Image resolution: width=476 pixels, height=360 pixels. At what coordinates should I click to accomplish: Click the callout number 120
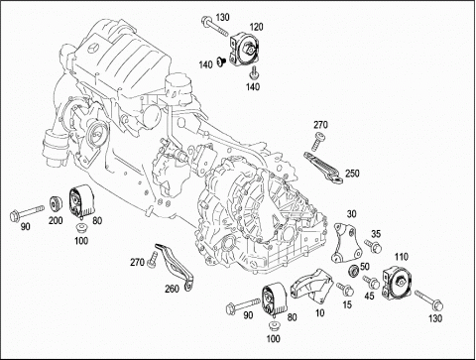point(256,27)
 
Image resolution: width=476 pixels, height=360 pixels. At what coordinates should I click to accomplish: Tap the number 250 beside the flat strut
point(352,174)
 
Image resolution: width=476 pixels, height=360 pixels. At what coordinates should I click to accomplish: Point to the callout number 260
point(172,289)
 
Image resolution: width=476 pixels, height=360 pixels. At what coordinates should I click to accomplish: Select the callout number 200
point(56,220)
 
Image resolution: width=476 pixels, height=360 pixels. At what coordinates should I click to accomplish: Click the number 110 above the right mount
point(401,257)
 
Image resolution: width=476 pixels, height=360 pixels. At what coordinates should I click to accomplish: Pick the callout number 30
point(351,214)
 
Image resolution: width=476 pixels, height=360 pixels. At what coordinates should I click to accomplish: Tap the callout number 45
point(369,296)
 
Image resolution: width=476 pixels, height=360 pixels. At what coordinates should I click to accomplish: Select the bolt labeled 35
point(373,246)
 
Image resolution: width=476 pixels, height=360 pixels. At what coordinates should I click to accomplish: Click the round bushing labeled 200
point(56,204)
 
